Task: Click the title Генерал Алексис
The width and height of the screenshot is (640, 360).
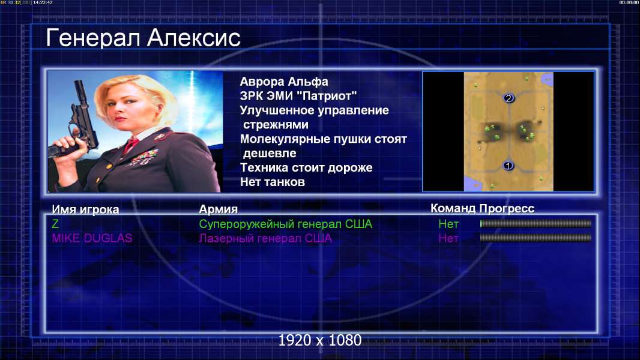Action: [143, 38]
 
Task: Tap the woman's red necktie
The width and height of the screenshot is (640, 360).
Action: [131, 144]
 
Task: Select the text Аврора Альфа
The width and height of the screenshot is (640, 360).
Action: [283, 82]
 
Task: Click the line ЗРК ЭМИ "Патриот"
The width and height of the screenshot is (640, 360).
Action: [298, 96]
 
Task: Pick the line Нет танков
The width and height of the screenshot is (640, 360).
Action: [272, 182]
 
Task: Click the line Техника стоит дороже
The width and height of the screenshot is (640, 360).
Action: [306, 167]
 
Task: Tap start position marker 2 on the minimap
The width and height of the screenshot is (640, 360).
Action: [508, 98]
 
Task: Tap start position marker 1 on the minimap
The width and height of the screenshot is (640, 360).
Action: [508, 166]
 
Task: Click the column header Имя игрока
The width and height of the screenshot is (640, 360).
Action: [85, 209]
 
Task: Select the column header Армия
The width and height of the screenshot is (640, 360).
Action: [218, 209]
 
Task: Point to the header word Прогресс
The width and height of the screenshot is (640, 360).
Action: [507, 209]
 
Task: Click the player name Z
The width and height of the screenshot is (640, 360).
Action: [55, 224]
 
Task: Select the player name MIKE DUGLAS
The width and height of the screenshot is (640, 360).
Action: [92, 238]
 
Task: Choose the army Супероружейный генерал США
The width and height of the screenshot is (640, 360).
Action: [286, 224]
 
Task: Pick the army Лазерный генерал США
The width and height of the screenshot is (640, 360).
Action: [265, 238]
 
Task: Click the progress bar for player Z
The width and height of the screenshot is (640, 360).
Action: [536, 223]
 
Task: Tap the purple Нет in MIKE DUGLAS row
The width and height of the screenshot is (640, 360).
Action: [448, 238]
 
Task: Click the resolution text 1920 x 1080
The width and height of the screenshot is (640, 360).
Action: [319, 340]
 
